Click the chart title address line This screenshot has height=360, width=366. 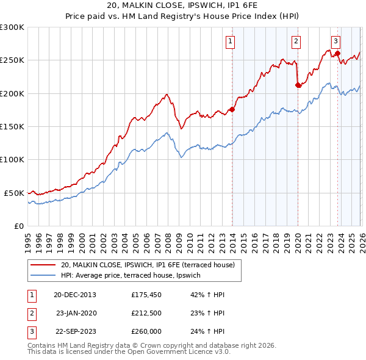pyautogui.click(x=183, y=7)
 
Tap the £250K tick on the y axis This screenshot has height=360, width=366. pyautogui.click(x=12, y=60)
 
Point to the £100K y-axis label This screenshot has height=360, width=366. pyautogui.click(x=12, y=159)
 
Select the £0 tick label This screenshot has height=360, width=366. pyautogui.click(x=18, y=226)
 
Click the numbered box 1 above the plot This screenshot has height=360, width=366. pyautogui.click(x=231, y=41)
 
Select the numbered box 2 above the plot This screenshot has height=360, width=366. pyautogui.click(x=296, y=41)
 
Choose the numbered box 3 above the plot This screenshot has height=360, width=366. pyautogui.click(x=335, y=41)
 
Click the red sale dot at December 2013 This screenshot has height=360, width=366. pyautogui.click(x=232, y=110)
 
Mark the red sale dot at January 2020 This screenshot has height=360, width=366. pyautogui.click(x=298, y=85)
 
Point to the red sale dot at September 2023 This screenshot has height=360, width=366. pyautogui.click(x=337, y=54)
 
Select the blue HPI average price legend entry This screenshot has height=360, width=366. pyautogui.click(x=135, y=276)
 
